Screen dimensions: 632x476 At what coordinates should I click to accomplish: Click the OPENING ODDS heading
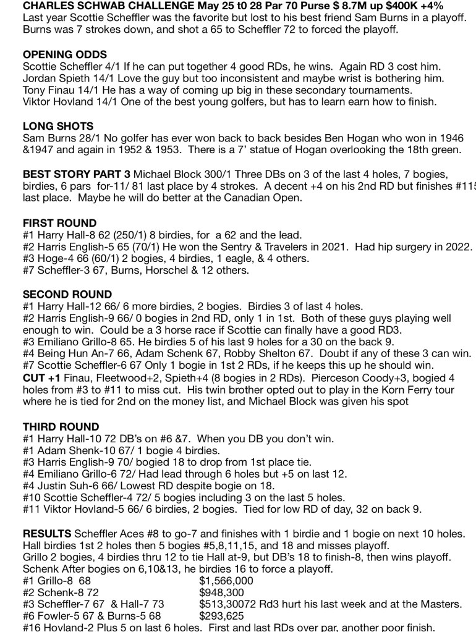(x=64, y=54)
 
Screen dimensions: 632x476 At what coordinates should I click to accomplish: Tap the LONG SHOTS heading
(x=56, y=126)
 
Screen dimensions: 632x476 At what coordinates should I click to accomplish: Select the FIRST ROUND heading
(x=59, y=223)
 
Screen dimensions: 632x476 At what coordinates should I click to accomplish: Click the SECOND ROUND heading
(x=67, y=295)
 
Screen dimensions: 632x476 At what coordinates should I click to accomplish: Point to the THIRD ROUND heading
(x=61, y=427)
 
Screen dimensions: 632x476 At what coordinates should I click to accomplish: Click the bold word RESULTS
(x=46, y=534)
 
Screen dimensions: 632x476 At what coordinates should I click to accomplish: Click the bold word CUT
(x=34, y=366)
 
